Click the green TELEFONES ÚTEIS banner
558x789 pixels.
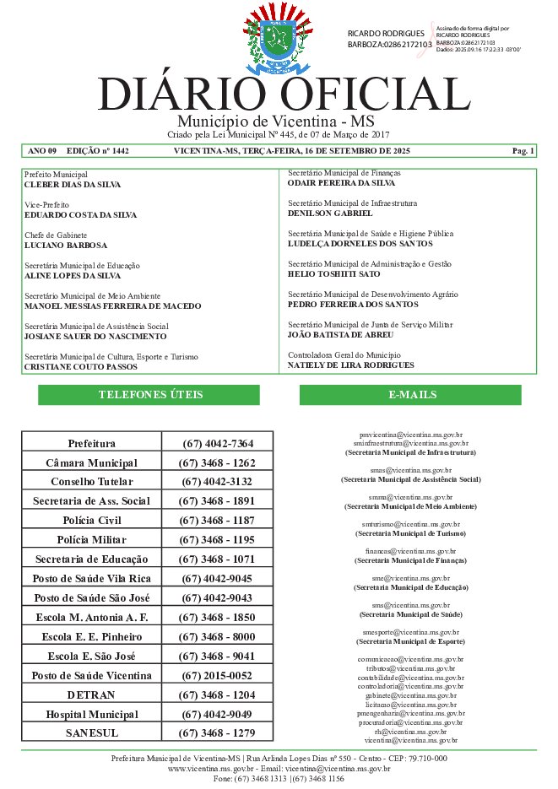(150, 395)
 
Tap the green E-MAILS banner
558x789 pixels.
(412, 395)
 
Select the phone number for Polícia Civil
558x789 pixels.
(217, 521)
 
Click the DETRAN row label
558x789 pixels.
(91, 695)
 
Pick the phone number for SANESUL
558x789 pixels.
(217, 733)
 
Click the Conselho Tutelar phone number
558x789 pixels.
(217, 482)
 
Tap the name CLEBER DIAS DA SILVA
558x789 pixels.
(73, 184)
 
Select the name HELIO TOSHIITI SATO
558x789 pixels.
(333, 274)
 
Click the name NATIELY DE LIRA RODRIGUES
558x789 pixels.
(351, 365)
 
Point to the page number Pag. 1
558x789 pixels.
(523, 151)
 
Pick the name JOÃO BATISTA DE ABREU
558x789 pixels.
(341, 335)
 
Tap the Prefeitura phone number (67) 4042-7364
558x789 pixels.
(217, 443)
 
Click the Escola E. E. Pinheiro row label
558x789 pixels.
(91, 637)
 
